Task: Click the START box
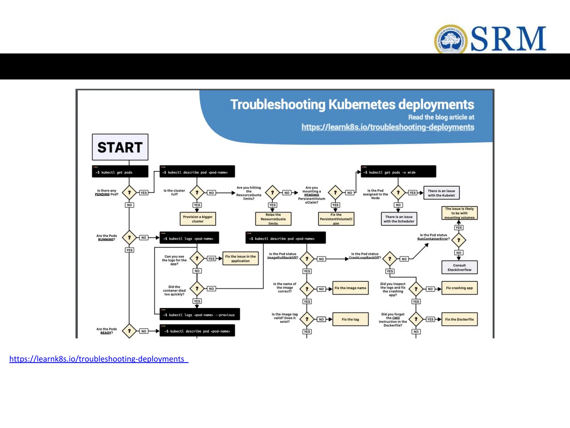120,147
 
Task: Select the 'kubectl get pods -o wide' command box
398,172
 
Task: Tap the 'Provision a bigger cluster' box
198,219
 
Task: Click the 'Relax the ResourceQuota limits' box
273,219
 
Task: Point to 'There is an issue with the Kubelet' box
441,193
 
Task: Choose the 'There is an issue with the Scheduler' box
399,219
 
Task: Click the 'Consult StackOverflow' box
459,267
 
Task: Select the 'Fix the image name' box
350,288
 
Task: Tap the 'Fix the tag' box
350,319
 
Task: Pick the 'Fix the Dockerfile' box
459,319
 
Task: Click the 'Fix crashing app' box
459,288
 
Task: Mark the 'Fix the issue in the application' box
240,259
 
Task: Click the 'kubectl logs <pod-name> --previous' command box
200,314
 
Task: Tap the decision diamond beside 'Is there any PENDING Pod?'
129,193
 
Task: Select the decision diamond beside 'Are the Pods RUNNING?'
129,238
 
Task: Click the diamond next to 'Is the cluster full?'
197,193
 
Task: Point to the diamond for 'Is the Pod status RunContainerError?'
459,240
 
